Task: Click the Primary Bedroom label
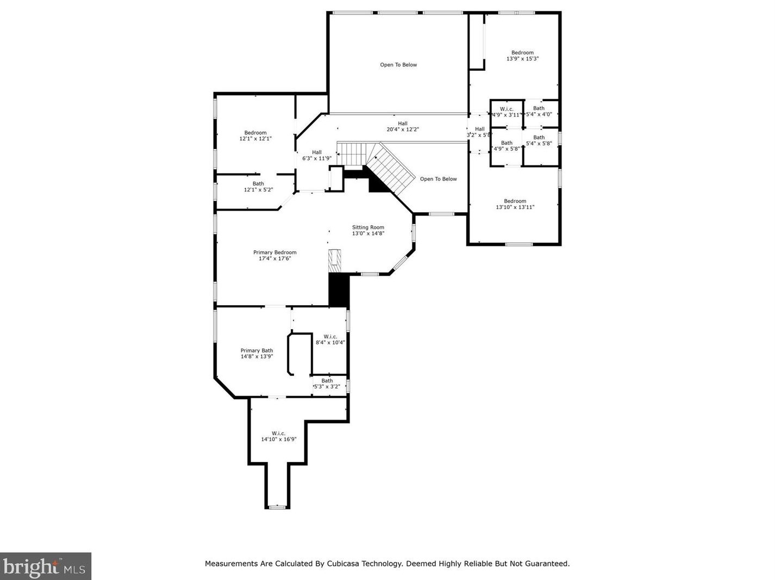tap(274, 255)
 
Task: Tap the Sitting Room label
tap(368, 230)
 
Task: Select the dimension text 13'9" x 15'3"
tap(522, 59)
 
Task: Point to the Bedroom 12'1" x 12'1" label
tap(255, 135)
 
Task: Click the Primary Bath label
tap(257, 354)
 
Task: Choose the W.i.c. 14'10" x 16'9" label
tap(279, 436)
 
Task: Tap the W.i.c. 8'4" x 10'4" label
tap(330, 340)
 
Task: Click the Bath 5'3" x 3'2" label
tap(327, 384)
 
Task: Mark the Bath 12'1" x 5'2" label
tap(258, 187)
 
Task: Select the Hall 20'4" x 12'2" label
tap(403, 127)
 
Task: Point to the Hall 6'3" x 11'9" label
tap(317, 155)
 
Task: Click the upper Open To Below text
tap(398, 65)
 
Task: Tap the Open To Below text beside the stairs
tap(438, 179)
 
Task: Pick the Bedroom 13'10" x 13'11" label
tap(515, 204)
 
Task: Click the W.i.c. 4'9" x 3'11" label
tap(507, 112)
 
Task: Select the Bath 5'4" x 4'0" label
tap(539, 111)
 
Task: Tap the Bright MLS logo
tap(46, 566)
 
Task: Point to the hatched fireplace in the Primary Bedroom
tap(335, 261)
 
